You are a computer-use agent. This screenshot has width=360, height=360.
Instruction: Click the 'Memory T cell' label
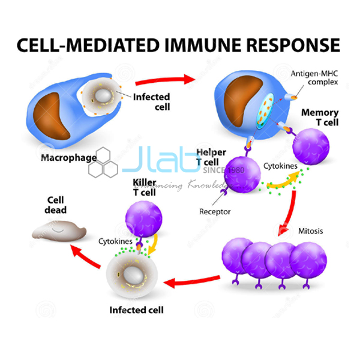click(319, 118)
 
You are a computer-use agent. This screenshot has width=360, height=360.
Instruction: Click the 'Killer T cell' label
click(144, 185)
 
